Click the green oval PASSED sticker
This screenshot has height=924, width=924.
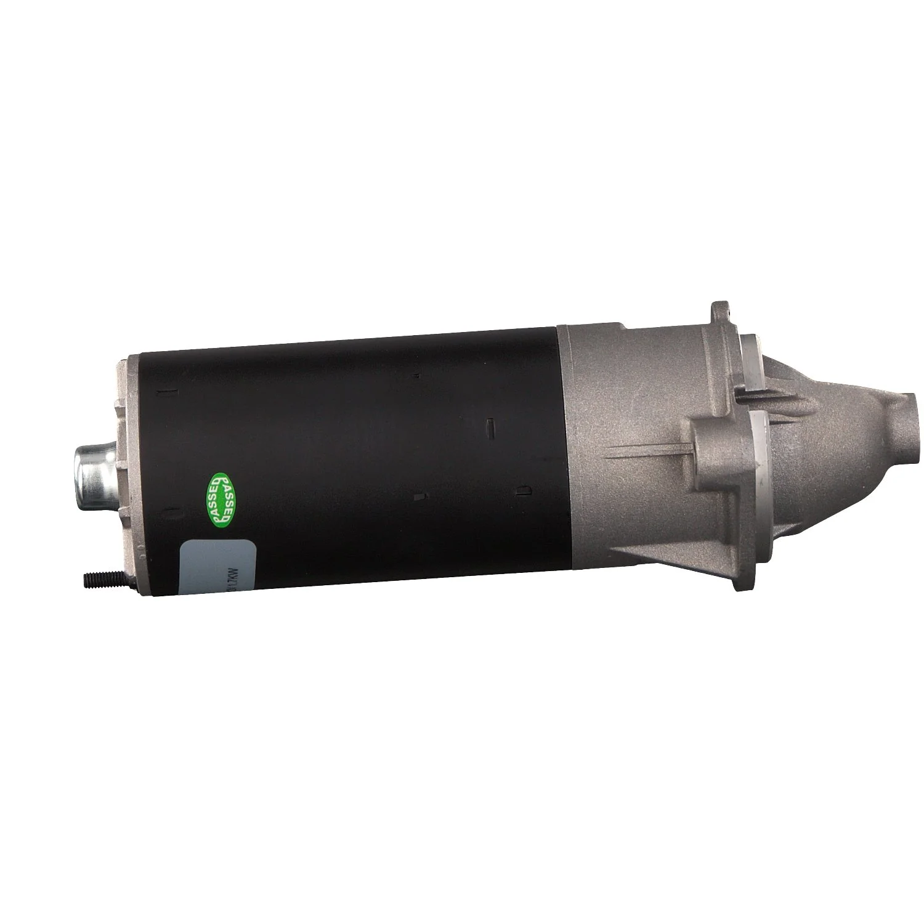tap(221, 500)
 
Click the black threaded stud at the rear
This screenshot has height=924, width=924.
tap(102, 578)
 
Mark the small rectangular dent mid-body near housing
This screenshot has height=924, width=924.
tap(491, 424)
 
